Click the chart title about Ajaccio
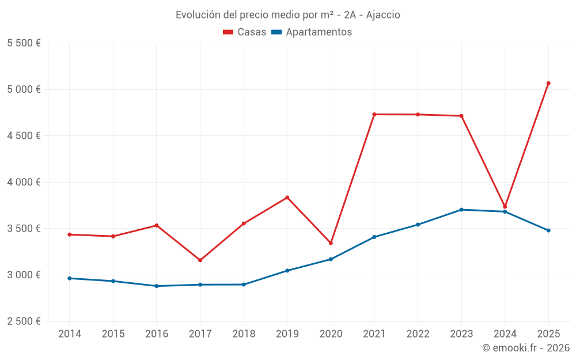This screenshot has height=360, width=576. (287, 15)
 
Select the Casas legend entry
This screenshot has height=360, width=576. (245, 32)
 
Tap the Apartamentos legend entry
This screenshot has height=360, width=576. (311, 32)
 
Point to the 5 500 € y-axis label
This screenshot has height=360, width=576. (24, 43)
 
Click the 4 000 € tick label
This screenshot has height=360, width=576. (24, 182)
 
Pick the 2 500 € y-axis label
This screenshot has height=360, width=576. (24, 321)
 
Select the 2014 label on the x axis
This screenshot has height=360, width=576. (70, 334)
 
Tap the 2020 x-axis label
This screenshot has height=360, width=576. (331, 334)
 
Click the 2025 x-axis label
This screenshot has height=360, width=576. (548, 334)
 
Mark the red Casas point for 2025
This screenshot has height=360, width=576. (548, 84)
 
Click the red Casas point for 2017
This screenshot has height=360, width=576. (200, 260)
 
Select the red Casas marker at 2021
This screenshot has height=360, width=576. (374, 114)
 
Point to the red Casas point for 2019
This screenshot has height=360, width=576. (287, 198)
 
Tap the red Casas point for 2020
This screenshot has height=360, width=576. (331, 243)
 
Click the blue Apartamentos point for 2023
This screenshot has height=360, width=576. (461, 210)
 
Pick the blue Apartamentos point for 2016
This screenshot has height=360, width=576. (157, 286)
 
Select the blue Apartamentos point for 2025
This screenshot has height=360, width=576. (548, 230)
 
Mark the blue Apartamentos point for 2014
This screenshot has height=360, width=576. (70, 278)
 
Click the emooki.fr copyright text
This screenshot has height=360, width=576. (525, 348)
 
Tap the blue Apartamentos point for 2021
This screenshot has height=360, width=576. (374, 237)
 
